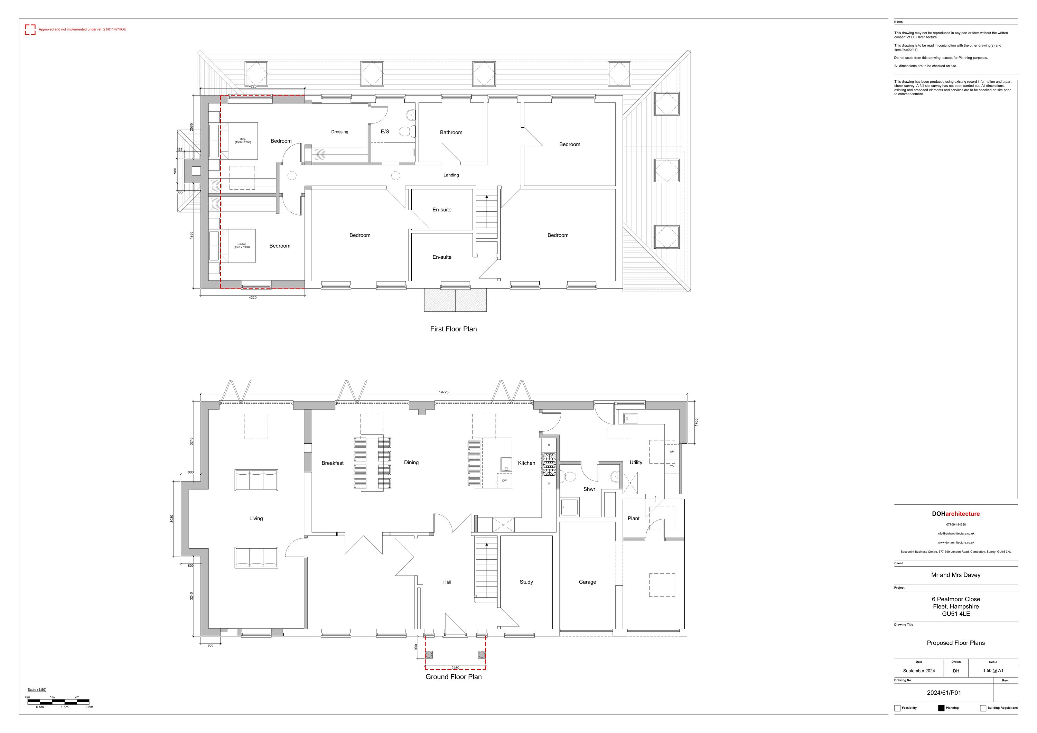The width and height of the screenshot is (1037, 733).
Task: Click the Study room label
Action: tap(526, 582)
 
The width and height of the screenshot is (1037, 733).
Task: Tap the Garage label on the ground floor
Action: tap(587, 582)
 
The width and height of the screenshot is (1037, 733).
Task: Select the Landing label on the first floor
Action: tap(451, 175)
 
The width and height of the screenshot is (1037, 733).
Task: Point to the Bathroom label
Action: tap(451, 132)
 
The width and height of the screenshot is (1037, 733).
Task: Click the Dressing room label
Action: tap(340, 132)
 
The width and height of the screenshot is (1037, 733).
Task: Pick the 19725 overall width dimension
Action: tap(443, 392)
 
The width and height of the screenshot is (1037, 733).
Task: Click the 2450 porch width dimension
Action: tap(455, 668)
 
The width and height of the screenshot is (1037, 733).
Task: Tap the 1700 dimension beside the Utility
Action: tap(697, 422)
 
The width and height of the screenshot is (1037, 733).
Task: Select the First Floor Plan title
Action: tap(453, 329)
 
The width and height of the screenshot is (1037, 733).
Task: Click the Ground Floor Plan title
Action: tap(454, 677)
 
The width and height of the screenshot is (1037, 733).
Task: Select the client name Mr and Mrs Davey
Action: tap(956, 575)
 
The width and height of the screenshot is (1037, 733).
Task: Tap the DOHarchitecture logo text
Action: tap(956, 514)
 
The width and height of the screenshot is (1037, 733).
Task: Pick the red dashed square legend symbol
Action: tap(30, 30)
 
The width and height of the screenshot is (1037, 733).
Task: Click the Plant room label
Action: tap(633, 518)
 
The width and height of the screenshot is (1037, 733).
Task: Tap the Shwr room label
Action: tap(589, 489)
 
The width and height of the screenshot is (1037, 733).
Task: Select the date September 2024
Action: tap(919, 671)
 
